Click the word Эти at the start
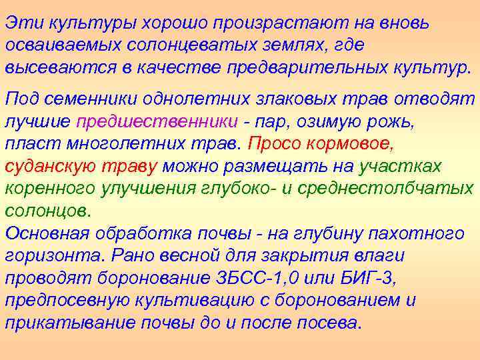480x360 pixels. pyautogui.click(x=22, y=21)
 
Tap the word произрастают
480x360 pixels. pyautogui.click(x=278, y=21)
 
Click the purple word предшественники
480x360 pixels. pyautogui.click(x=157, y=121)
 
